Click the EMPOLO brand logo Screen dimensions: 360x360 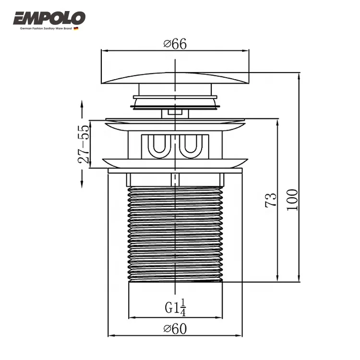click(x=49, y=18)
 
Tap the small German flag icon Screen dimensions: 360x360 click(x=76, y=28)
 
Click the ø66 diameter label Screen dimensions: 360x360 click(x=175, y=44)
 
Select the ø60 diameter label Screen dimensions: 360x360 click(x=175, y=329)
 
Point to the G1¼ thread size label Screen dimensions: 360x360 click(x=175, y=307)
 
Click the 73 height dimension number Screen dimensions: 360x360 click(x=271, y=200)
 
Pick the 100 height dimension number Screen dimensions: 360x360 click(x=292, y=200)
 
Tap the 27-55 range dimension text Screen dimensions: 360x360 click(x=84, y=144)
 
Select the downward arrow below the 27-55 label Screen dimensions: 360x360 click(x=82, y=179)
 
